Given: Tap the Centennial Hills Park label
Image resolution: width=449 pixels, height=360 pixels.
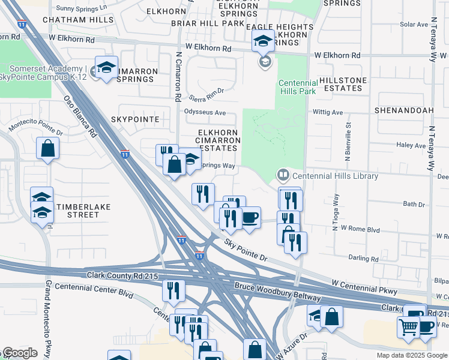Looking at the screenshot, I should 296,88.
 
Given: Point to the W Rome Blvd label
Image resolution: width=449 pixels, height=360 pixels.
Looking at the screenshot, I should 360,229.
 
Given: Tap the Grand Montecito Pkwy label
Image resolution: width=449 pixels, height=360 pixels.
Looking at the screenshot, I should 47,318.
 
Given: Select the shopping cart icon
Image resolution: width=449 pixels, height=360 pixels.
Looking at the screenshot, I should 409,327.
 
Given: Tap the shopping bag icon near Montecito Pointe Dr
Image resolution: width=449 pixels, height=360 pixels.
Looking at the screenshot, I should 47,148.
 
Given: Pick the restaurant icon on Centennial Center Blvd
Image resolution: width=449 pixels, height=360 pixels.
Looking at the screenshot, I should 173,290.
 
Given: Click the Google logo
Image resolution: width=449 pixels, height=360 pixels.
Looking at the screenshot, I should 19,353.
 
